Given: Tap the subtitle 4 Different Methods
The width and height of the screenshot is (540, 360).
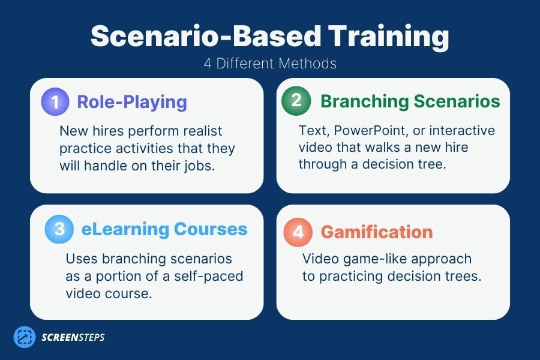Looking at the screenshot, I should (269, 64).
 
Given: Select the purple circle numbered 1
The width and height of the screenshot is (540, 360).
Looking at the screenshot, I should (55, 101).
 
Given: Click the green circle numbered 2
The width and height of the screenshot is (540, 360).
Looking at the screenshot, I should (296, 101).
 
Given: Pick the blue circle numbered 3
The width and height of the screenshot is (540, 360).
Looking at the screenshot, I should (59, 229).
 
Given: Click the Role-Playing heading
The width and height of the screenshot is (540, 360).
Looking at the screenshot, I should (132, 101).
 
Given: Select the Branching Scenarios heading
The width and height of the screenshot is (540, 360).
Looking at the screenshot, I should (410, 101).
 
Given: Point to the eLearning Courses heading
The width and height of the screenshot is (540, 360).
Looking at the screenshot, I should (164, 229).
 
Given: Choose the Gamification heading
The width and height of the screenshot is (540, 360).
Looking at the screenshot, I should (377, 232).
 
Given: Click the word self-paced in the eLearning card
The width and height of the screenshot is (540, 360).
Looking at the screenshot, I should (214, 276).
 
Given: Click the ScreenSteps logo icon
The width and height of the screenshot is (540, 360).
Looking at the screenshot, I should (25, 337).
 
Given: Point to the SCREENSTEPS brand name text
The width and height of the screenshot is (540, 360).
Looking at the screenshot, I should (73, 337).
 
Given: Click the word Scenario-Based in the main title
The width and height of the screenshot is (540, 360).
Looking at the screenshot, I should (192, 37).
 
